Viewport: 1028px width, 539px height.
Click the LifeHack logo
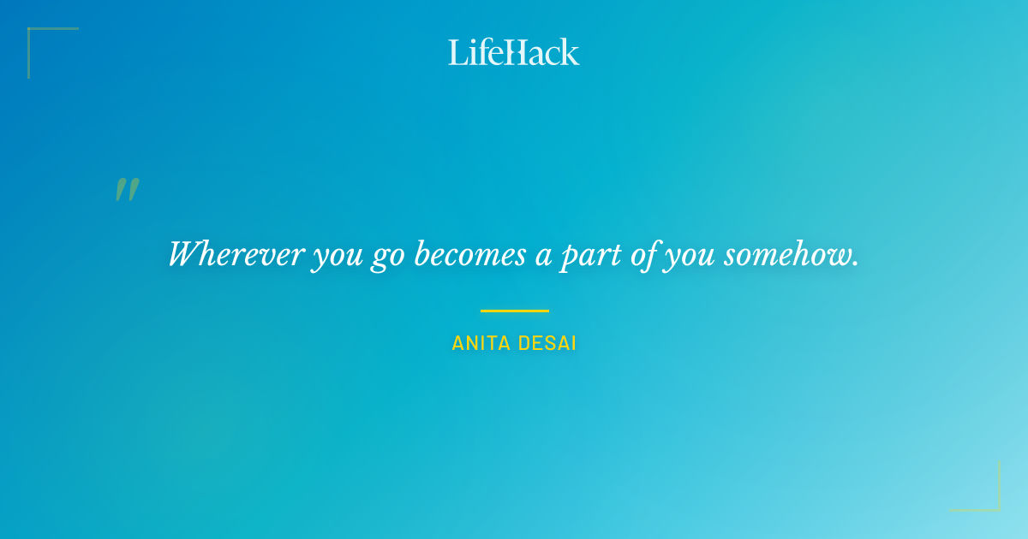point(514,52)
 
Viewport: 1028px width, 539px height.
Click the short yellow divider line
point(514,311)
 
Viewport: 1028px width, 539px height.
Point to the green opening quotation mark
point(127,189)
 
